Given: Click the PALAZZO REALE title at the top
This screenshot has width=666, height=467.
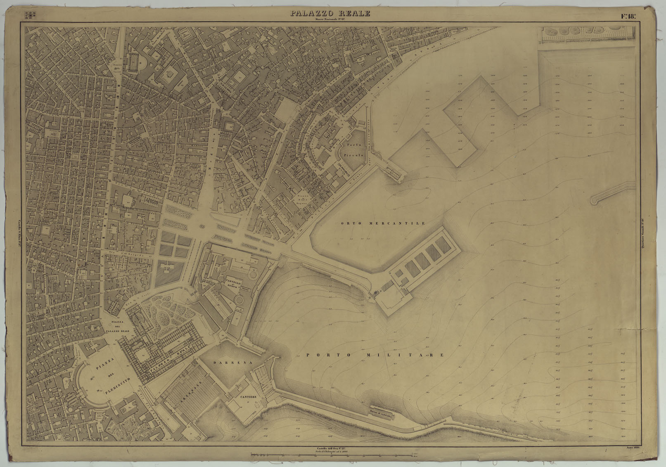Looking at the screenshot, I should pyautogui.click(x=330, y=13).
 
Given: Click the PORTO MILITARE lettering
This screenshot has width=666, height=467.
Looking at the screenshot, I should pyautogui.click(x=375, y=355).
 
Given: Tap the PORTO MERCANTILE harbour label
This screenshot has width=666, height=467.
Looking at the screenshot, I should pyautogui.click(x=383, y=223).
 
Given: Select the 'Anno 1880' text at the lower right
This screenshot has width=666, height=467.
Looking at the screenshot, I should pyautogui.click(x=633, y=448).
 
